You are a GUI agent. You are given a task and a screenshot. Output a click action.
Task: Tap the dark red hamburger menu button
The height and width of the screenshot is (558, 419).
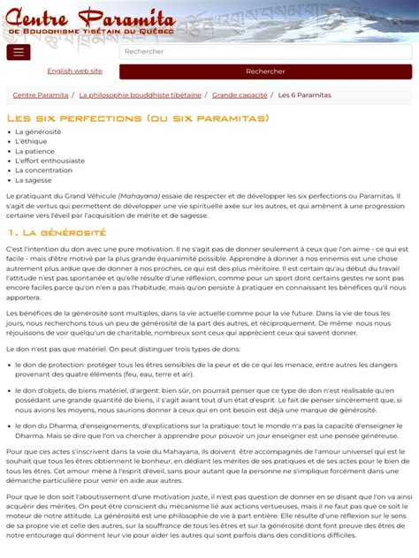(18, 52)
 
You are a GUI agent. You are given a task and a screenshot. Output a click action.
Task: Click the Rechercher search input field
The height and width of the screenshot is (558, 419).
(265, 52)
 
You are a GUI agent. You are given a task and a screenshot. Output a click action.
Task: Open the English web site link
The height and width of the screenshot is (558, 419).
(74, 71)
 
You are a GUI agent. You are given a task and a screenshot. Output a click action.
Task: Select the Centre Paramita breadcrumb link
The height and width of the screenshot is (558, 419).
(41, 94)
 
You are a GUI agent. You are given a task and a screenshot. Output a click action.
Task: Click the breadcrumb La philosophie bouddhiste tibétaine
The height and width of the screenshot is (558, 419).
(140, 94)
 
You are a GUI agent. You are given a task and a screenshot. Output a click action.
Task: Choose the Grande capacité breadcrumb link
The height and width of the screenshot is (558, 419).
(240, 94)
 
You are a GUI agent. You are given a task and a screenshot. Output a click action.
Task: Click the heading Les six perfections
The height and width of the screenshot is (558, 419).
(138, 117)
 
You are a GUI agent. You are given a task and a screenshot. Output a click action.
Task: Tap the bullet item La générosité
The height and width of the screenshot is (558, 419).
(38, 132)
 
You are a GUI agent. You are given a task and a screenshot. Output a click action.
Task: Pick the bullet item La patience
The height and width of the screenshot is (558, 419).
(35, 152)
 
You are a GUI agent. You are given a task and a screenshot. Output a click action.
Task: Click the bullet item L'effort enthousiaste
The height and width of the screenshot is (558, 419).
(50, 162)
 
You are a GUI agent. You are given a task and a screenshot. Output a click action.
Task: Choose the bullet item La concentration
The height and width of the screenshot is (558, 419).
(43, 170)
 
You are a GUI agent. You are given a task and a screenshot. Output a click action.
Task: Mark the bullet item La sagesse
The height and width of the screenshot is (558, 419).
(34, 180)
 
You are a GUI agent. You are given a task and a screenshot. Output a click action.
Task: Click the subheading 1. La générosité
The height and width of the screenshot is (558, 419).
(57, 233)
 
